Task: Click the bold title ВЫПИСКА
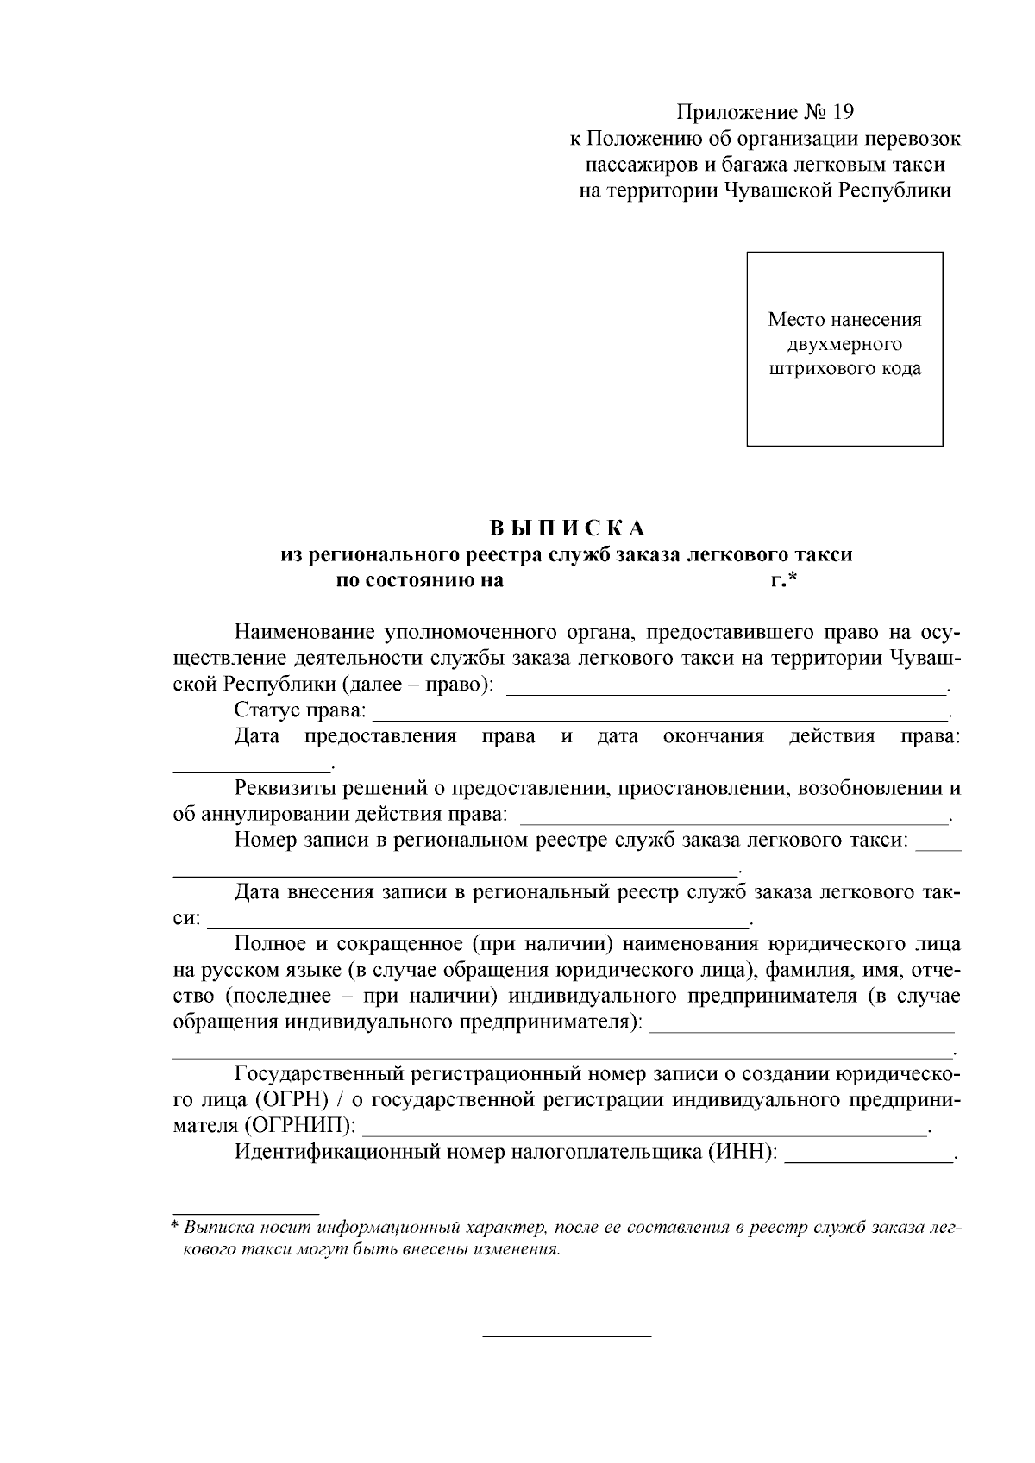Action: click(568, 528)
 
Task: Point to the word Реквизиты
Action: click(285, 788)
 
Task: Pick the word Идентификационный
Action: click(337, 1152)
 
